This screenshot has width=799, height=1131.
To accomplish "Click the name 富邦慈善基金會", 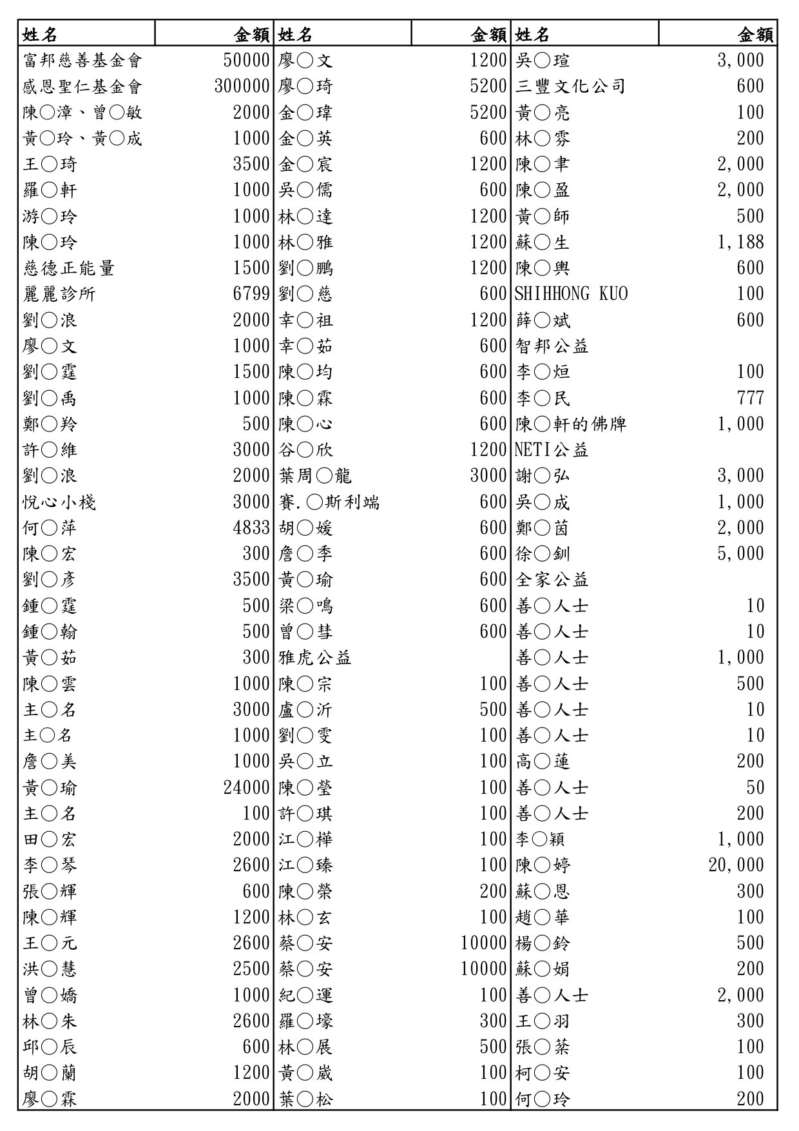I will tap(82, 61).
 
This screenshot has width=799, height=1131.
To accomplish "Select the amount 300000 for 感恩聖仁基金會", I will tap(242, 86).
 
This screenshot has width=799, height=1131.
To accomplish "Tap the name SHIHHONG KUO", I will tap(571, 294).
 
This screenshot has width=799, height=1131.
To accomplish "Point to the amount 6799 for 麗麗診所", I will tap(251, 294).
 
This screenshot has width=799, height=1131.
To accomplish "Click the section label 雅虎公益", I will tap(315, 658).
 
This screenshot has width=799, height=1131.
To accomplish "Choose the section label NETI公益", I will tap(552, 450).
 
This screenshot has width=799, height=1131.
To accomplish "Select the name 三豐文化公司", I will tap(570, 86).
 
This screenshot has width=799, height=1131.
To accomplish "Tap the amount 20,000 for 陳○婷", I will tap(736, 865).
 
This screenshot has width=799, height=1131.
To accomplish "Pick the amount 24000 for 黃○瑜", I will tap(247, 788).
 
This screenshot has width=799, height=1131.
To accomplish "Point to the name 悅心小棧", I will tap(59, 502).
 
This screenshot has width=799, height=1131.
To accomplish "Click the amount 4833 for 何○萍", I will tap(251, 528).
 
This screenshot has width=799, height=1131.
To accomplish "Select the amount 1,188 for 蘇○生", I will tap(740, 242).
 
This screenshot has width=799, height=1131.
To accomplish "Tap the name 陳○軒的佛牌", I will tap(571, 424).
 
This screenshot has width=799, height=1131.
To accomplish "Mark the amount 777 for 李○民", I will tap(750, 398).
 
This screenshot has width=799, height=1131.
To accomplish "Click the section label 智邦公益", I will tap(552, 346).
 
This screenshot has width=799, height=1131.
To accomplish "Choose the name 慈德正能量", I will tap(69, 268).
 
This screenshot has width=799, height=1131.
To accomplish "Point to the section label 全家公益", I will tap(552, 580).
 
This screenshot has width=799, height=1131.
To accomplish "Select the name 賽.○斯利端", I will tap(329, 502).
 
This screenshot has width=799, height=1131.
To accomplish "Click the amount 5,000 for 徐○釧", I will tap(740, 554).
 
